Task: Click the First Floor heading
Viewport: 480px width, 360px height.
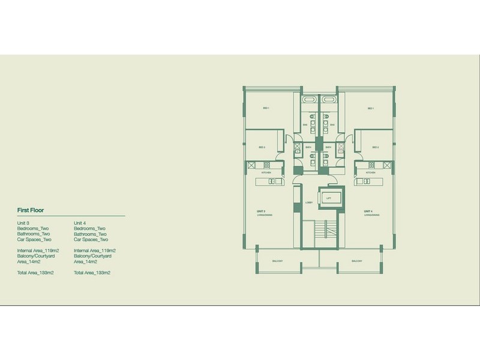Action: (33, 211)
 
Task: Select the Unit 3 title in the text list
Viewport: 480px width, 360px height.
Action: (24, 223)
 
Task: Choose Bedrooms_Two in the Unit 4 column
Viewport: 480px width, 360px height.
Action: (90, 229)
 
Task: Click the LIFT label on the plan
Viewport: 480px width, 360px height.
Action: (328, 197)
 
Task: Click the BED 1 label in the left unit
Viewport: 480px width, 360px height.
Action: (265, 109)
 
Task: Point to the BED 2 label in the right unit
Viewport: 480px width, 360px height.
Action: (374, 147)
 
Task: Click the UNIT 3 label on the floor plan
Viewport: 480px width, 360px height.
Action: (261, 212)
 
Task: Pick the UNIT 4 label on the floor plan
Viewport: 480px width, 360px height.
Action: (368, 212)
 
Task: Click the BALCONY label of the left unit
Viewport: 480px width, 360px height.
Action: (277, 262)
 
